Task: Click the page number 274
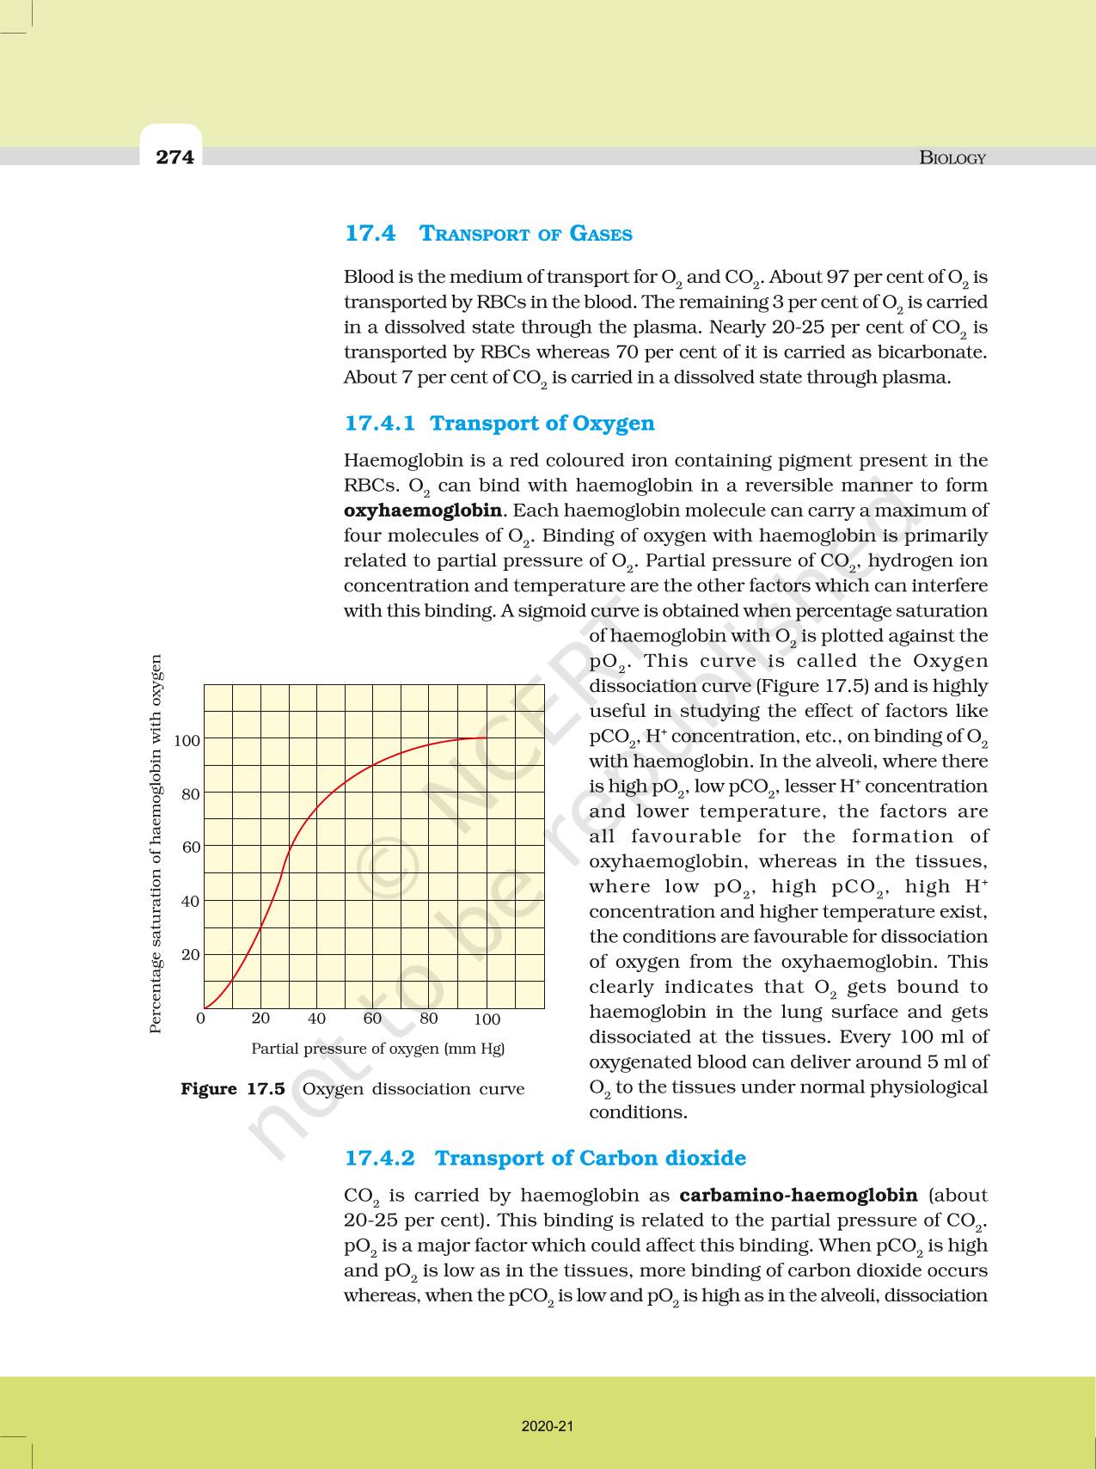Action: (x=175, y=156)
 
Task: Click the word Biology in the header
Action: (x=952, y=157)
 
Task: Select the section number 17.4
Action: (x=370, y=233)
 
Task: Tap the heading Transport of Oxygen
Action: (x=542, y=423)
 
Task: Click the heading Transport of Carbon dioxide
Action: (x=590, y=1158)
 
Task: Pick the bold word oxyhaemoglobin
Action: (x=422, y=511)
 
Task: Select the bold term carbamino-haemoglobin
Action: (x=798, y=1195)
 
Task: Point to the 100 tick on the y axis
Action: (x=187, y=740)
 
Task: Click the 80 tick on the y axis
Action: (x=190, y=794)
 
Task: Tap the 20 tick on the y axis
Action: (x=190, y=954)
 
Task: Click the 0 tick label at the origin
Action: (x=201, y=1019)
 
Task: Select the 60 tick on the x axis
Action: (x=372, y=1019)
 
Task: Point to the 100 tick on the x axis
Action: (x=487, y=1019)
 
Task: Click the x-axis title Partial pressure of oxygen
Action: (x=377, y=1049)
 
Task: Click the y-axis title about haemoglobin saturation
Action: (x=156, y=844)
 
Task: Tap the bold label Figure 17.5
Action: (x=232, y=1089)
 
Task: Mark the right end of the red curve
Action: (x=486, y=738)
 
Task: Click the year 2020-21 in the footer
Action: (x=547, y=1426)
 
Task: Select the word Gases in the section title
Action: (x=601, y=234)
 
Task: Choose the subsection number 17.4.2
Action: (x=379, y=1158)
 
